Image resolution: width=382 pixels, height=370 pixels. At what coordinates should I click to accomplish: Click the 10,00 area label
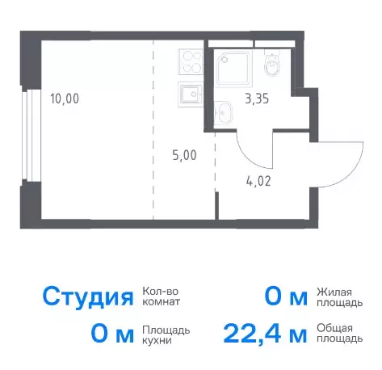[65, 99]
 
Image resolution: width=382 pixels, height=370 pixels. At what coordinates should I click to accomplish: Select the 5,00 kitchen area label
[184, 155]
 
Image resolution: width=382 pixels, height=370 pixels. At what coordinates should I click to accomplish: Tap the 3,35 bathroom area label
[257, 99]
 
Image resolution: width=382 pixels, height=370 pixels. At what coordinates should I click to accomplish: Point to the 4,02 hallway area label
[258, 181]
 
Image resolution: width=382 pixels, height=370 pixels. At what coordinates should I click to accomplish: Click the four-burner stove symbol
[190, 62]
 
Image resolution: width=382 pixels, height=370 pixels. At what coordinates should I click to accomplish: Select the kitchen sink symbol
[190, 95]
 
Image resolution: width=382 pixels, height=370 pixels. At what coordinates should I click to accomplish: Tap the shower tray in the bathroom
[234, 67]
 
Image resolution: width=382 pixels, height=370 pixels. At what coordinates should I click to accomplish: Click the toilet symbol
[272, 62]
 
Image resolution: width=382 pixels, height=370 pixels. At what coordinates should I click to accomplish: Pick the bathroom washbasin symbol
[224, 113]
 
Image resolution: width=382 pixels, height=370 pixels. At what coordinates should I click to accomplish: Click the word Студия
[88, 297]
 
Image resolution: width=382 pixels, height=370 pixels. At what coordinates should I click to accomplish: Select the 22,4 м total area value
[265, 334]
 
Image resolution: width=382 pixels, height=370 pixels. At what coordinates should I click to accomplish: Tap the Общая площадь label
[339, 333]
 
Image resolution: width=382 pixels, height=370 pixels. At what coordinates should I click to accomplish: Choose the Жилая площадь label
[339, 297]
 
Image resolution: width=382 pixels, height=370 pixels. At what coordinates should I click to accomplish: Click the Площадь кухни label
[166, 335]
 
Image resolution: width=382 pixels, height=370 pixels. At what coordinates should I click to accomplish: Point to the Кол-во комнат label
[161, 296]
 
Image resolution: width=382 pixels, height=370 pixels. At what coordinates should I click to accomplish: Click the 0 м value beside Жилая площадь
[286, 297]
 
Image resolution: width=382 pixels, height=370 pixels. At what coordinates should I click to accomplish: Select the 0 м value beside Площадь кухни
[112, 334]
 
